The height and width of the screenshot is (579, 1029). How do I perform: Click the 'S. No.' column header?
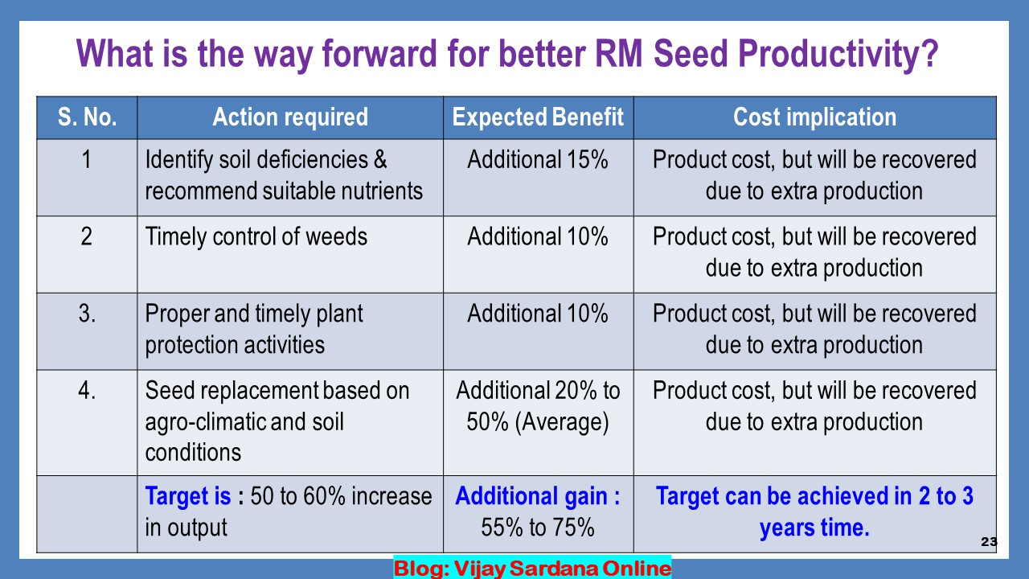click(x=87, y=117)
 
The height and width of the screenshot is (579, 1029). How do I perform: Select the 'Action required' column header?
click(x=290, y=117)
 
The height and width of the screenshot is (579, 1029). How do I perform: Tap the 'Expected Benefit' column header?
click(x=538, y=117)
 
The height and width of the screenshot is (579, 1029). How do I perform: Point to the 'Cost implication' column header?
click(x=814, y=117)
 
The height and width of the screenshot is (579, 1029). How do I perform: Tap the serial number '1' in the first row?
click(x=86, y=160)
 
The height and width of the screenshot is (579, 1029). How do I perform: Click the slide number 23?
click(x=989, y=542)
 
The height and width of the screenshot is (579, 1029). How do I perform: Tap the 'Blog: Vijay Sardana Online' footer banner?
click(x=532, y=568)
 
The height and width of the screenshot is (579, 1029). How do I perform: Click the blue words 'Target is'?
click(x=188, y=496)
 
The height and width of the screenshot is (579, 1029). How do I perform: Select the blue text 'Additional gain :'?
click(x=538, y=496)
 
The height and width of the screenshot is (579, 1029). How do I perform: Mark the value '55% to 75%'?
click(x=538, y=528)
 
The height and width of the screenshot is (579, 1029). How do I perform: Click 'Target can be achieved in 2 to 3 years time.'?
click(x=814, y=512)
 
